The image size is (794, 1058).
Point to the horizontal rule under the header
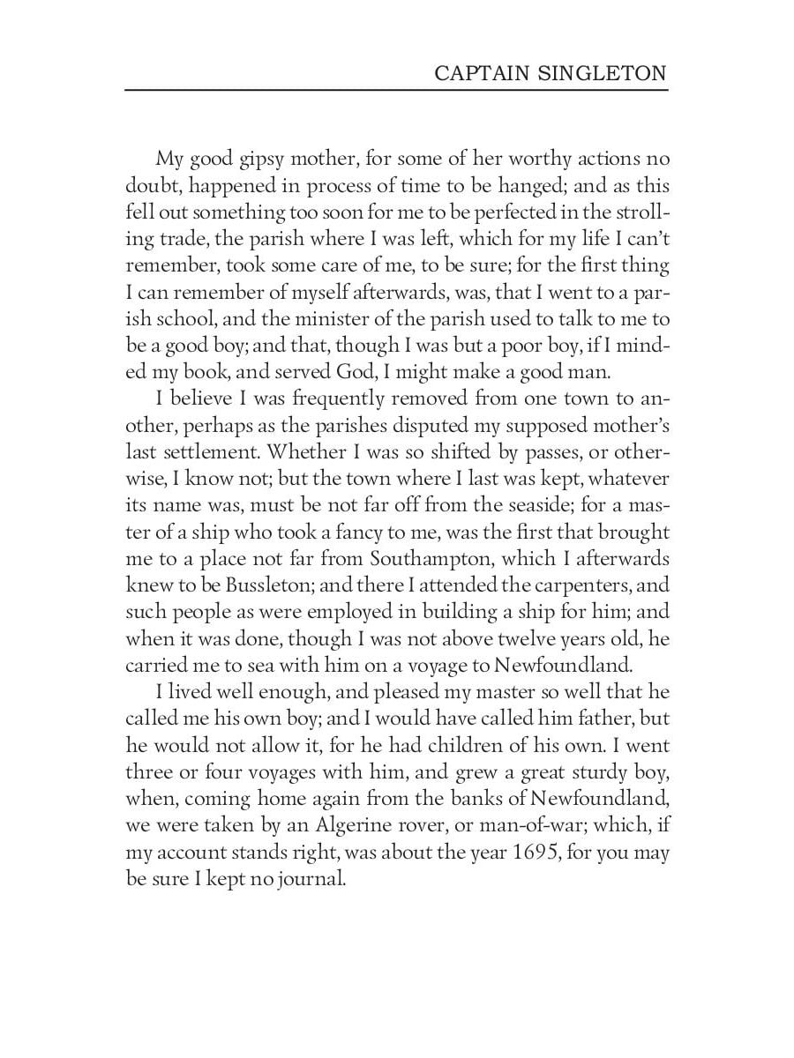397,90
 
